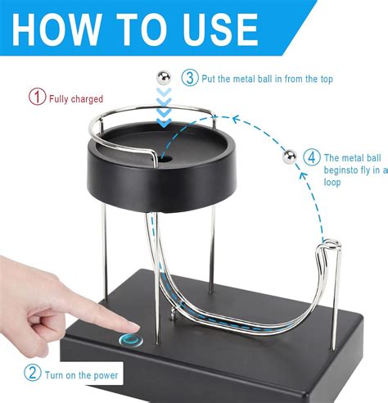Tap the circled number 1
coord(36,97)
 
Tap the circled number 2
coord(33,374)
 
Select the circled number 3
coord(190,78)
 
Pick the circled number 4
coord(311,157)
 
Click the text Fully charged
coord(76,98)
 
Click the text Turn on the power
coord(82,375)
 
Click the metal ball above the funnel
coord(162,77)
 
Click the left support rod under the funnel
coord(110,238)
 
